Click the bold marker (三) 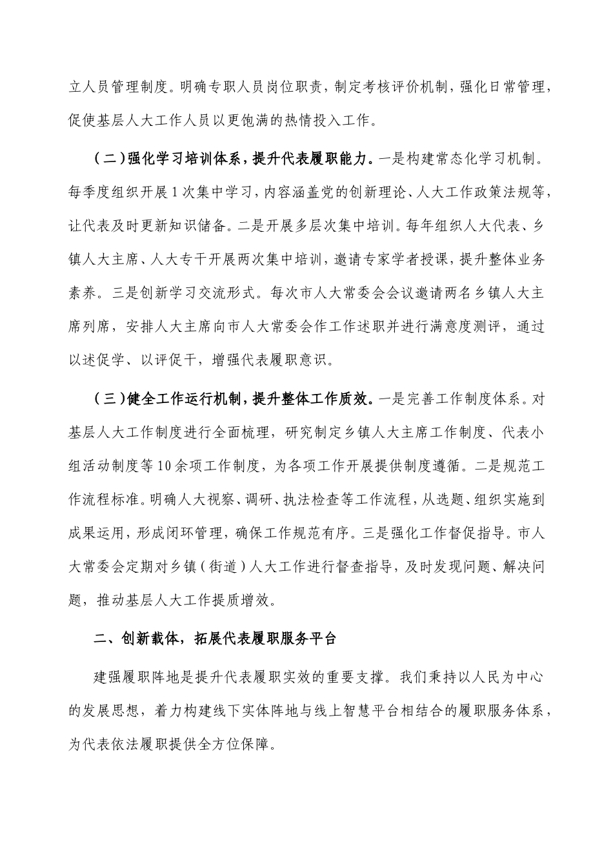point(108,398)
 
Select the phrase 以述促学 point(95,360)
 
